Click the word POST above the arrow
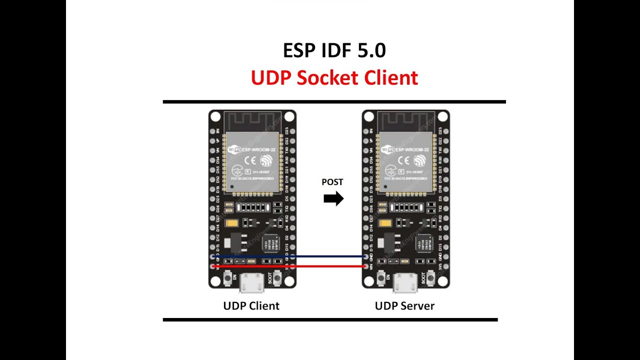[x=332, y=182]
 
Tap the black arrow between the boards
[x=333, y=199]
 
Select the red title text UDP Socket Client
[x=334, y=78]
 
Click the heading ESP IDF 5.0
[x=334, y=51]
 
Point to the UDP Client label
[x=251, y=305]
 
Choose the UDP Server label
[x=404, y=305]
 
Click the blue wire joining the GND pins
[x=290, y=256]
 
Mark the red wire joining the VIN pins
[x=290, y=266]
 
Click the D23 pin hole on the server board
[x=444, y=131]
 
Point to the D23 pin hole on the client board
[x=290, y=131]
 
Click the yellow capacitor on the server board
[x=385, y=224]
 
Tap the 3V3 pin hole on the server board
[x=444, y=266]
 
